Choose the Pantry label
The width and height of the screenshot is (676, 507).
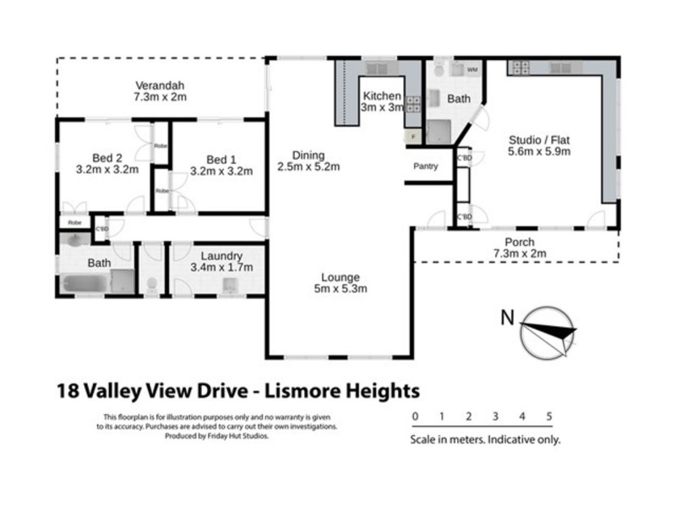tap(425, 166)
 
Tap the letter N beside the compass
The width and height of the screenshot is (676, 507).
tap(506, 318)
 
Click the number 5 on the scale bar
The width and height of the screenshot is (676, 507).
tap(549, 417)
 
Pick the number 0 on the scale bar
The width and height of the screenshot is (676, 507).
tap(414, 417)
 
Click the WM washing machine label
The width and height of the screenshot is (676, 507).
tap(472, 69)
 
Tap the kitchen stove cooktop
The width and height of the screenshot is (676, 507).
tap(414, 105)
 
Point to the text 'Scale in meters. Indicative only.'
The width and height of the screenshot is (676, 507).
tap(485, 439)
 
